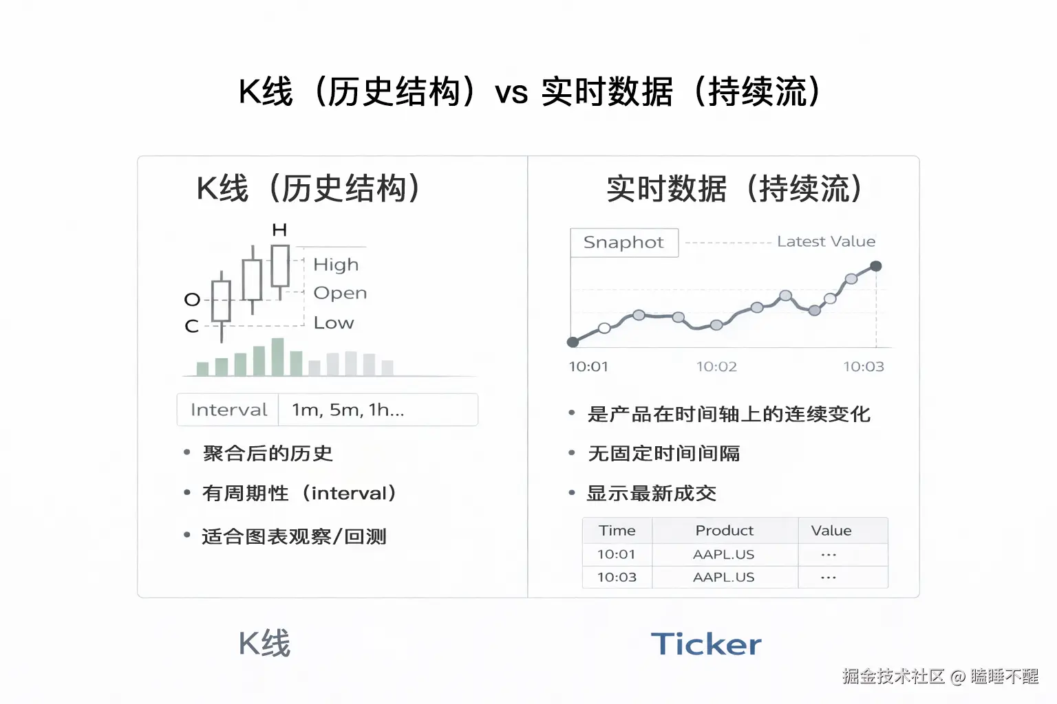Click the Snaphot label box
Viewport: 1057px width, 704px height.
[624, 243]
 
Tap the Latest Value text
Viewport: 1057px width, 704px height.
[826, 242]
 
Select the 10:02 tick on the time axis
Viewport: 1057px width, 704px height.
[716, 366]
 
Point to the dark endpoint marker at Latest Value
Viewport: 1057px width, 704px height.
[875, 266]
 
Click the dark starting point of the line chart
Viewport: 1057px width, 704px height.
[573, 342]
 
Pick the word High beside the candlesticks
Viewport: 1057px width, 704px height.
[336, 265]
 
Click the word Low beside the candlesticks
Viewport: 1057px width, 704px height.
[334, 323]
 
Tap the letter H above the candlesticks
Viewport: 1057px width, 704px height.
[279, 230]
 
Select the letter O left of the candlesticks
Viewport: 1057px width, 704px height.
[192, 300]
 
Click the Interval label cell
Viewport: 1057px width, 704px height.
[228, 410]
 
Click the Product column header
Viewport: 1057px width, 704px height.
[724, 531]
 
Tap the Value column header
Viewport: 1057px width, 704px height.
[831, 531]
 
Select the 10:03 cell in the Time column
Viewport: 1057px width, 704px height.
[617, 577]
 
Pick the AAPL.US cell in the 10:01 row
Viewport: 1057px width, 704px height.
[724, 554]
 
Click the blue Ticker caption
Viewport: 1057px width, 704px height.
[706, 644]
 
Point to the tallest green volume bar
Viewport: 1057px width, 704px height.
[278, 357]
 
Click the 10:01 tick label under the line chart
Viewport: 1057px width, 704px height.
[588, 366]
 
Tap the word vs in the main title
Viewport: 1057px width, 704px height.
[511, 93]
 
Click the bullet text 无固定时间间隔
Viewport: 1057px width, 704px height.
[664, 454]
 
